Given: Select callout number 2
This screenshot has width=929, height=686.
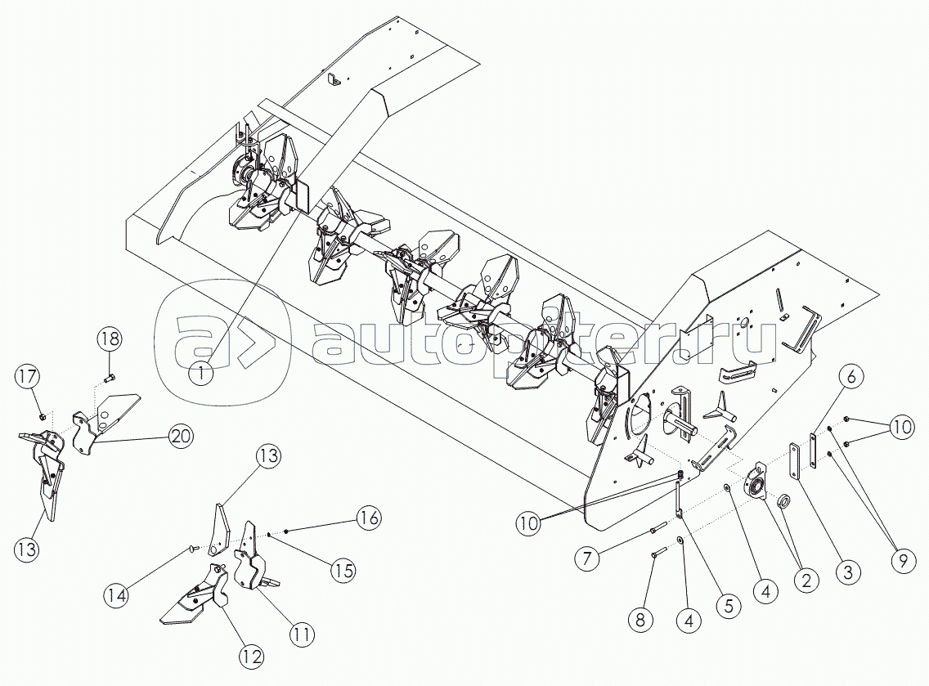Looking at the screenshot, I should (806, 581).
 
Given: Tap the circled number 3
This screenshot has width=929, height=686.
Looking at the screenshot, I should (848, 572).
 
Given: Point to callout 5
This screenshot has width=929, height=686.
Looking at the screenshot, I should (727, 605).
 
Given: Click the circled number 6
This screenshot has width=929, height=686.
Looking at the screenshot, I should (851, 377).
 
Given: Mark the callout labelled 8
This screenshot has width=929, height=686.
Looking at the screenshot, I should (640, 619).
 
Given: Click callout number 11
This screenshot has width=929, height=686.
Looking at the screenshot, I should (303, 633).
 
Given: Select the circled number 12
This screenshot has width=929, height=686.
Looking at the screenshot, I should (251, 655).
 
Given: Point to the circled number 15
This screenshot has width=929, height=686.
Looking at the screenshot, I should (344, 572).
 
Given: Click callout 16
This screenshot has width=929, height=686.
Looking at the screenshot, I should (369, 518).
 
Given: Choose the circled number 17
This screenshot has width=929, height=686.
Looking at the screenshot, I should (27, 377).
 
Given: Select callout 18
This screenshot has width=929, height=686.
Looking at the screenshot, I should (110, 339).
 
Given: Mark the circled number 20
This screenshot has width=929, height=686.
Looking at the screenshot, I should (181, 437).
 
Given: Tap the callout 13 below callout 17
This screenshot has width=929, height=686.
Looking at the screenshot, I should (29, 549).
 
